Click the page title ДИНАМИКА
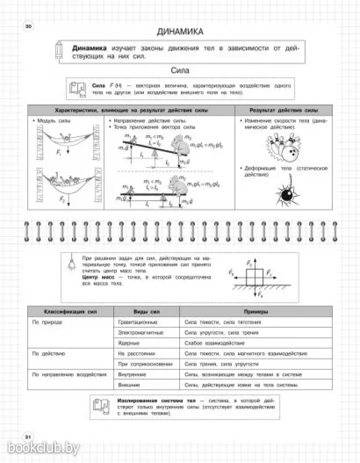coord(180,31)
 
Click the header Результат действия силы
coord(283,111)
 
